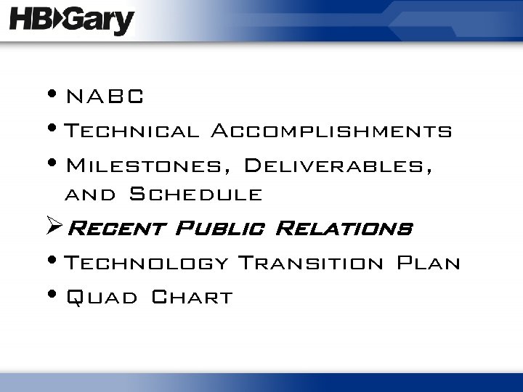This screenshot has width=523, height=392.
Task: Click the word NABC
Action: point(105,96)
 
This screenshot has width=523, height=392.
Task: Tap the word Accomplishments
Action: point(331,131)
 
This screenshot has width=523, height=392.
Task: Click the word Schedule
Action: point(195,195)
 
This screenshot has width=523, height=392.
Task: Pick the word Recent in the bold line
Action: point(116,229)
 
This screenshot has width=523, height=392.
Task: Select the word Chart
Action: point(192,297)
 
